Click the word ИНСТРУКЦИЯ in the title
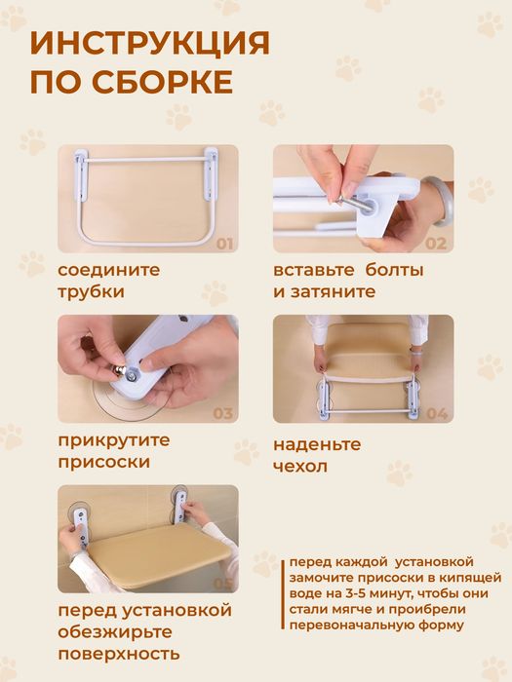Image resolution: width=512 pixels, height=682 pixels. click(x=150, y=44)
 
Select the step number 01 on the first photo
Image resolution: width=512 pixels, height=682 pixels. click(x=223, y=244)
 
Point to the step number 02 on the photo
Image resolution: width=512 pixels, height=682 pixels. click(x=435, y=244)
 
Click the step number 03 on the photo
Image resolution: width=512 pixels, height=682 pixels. click(x=223, y=413)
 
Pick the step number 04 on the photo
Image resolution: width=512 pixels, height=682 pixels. click(x=436, y=413)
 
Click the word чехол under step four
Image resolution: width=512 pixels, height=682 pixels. click(x=300, y=467)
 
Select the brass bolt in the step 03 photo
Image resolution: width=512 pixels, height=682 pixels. click(x=127, y=371)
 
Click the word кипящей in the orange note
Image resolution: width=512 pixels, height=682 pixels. click(x=448, y=578)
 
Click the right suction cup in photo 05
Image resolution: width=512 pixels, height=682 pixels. click(x=180, y=503)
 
